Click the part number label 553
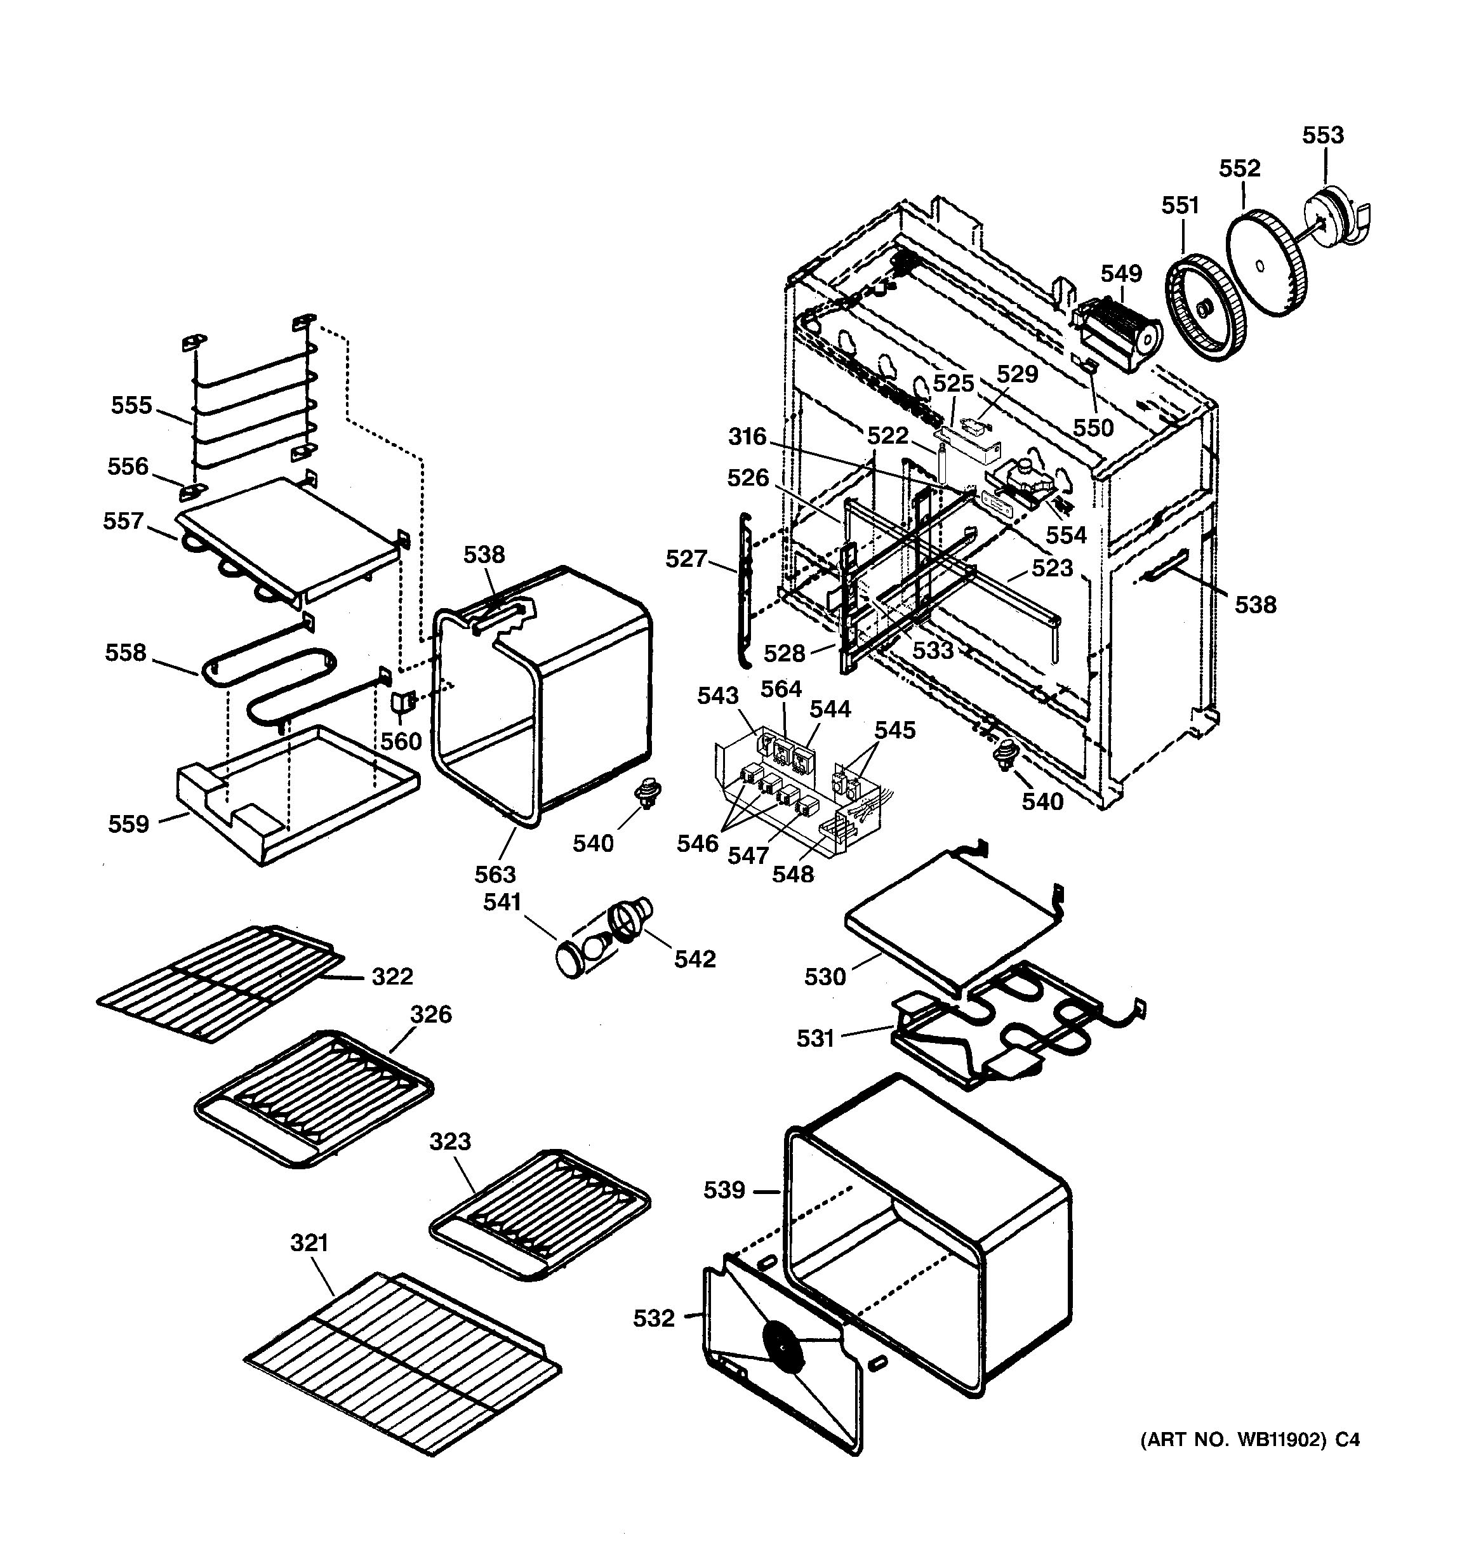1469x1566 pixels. [1322, 135]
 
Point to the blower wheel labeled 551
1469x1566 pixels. [1205, 308]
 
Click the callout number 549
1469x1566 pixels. [1121, 274]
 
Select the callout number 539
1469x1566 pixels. [724, 1190]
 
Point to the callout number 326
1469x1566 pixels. [431, 1014]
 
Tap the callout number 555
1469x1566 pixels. [131, 405]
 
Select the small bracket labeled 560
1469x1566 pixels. [402, 701]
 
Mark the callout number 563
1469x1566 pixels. [495, 873]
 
